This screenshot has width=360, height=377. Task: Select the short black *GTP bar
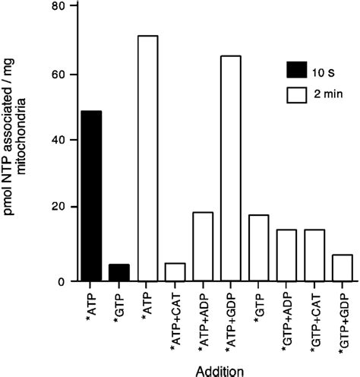point(118,272)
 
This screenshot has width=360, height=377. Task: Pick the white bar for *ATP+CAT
point(175,272)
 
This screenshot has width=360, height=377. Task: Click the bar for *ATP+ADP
point(203,246)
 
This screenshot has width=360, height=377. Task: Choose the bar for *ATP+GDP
point(231,168)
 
